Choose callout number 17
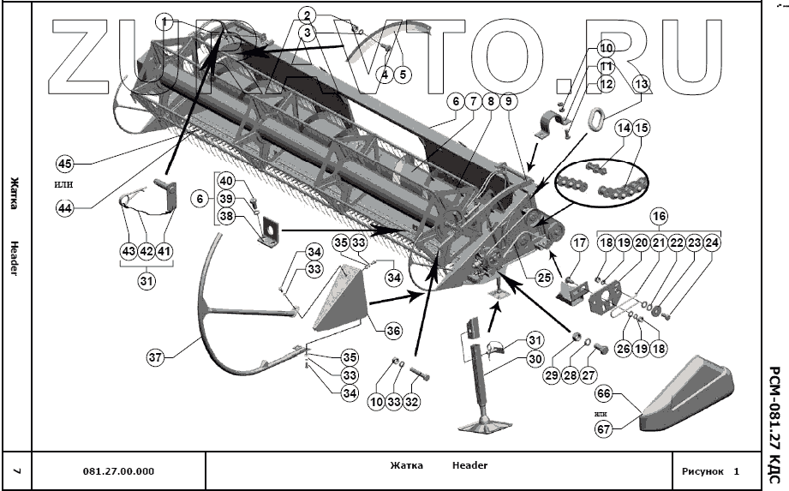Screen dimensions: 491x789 coord(579,243)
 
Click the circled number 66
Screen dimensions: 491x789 coord(603,393)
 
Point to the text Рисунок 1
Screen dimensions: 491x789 coord(710,470)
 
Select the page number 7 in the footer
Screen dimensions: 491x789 coord(17,470)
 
